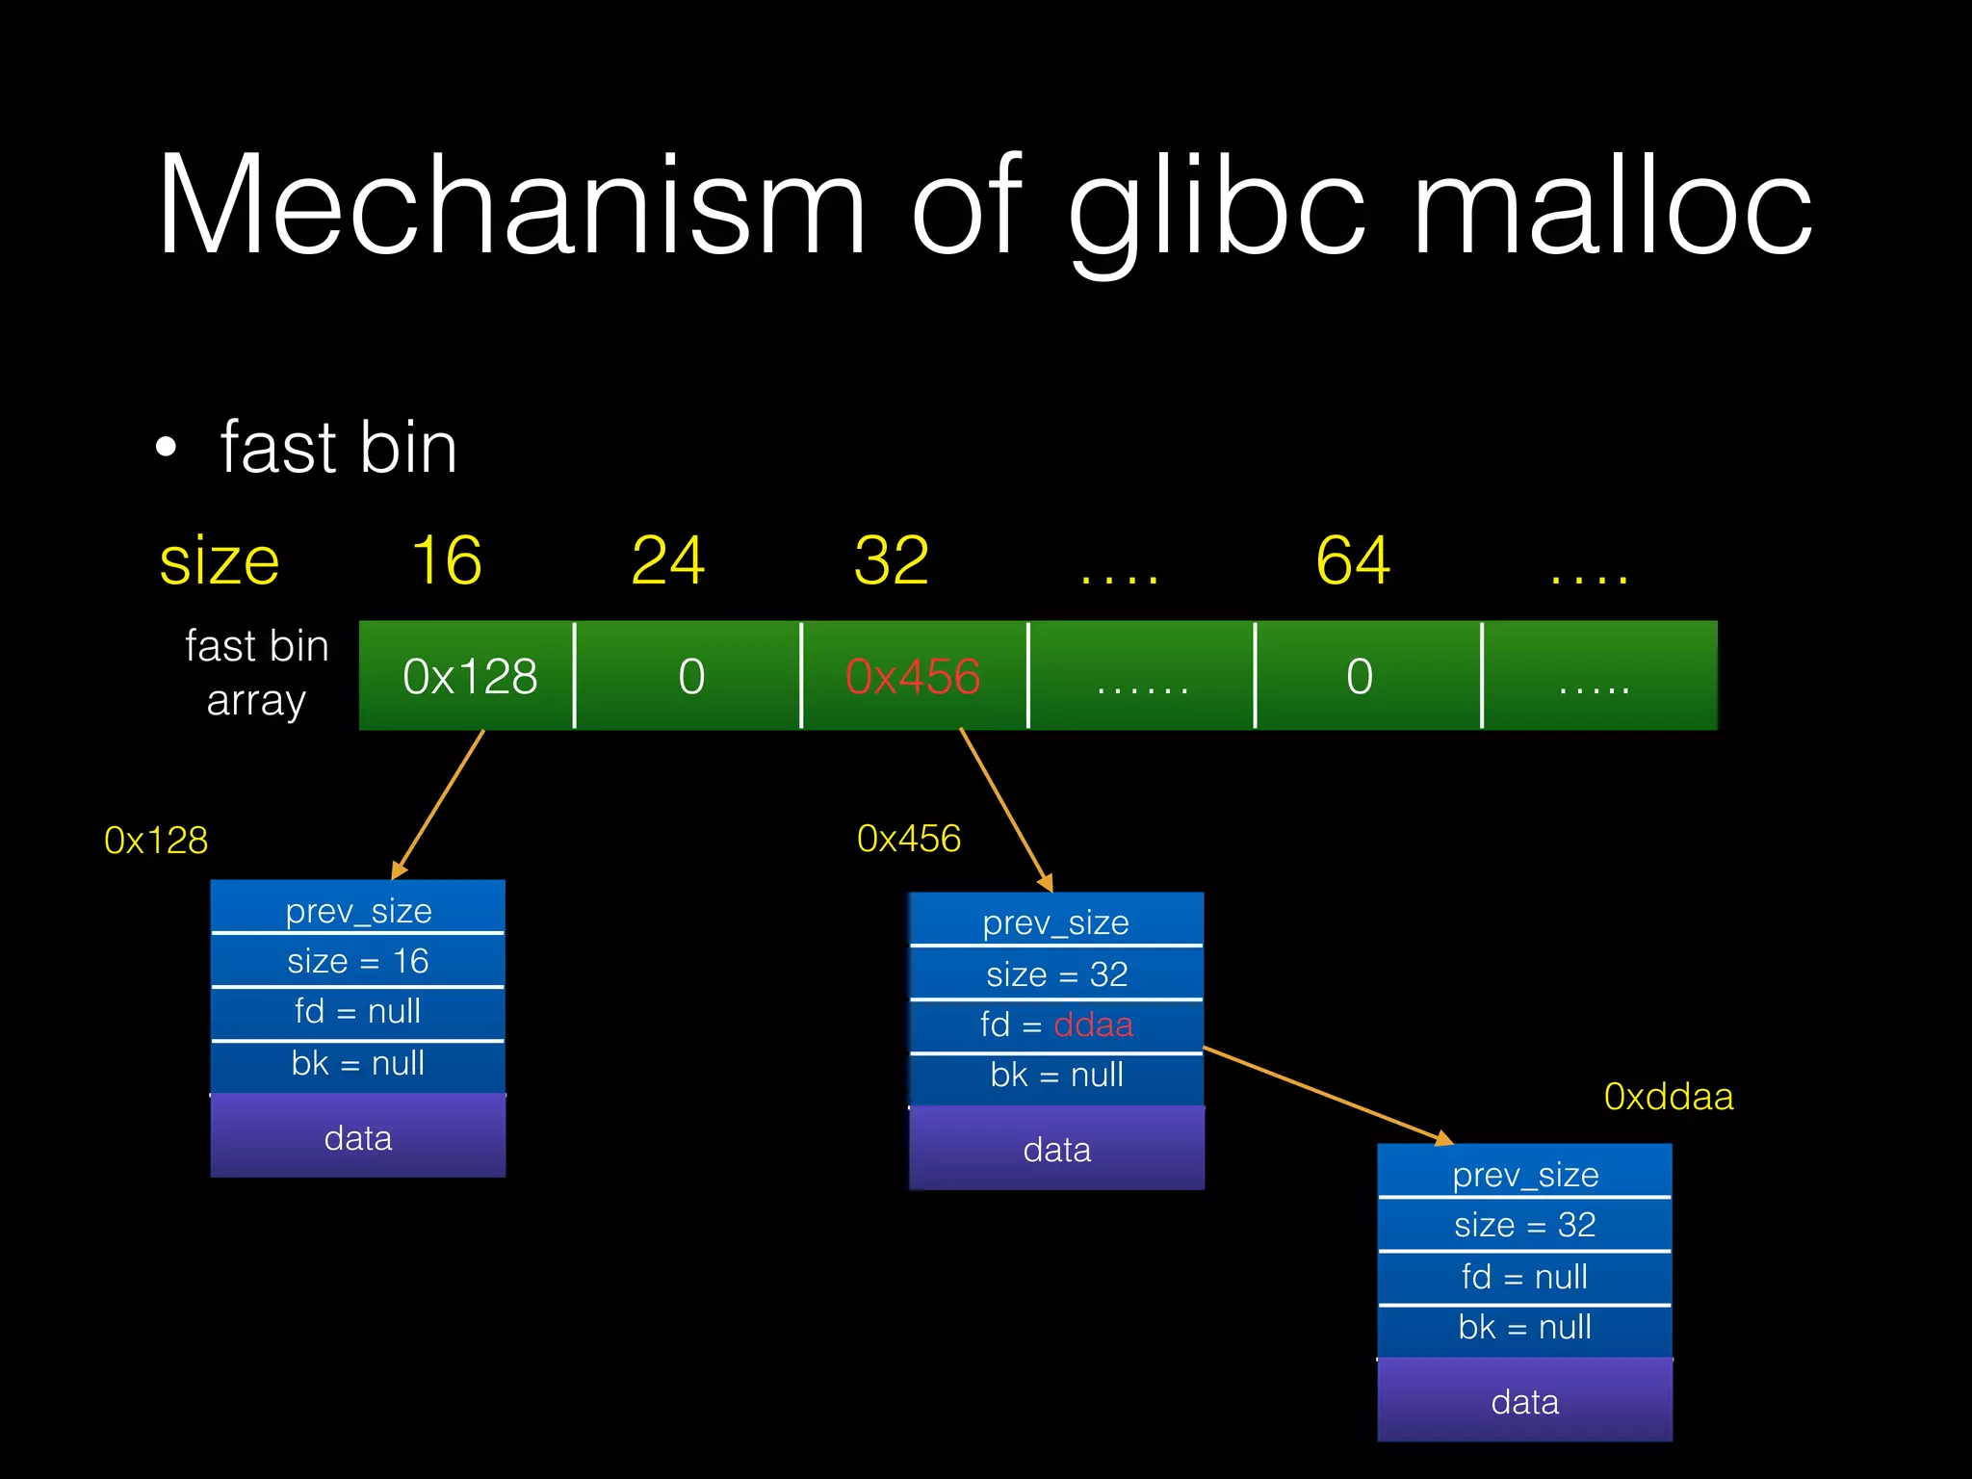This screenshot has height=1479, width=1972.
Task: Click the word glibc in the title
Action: tap(1217, 207)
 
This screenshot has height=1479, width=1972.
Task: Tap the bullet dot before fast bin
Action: tap(166, 448)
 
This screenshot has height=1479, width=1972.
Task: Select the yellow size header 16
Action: tap(446, 560)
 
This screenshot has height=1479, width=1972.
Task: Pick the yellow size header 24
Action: tap(667, 560)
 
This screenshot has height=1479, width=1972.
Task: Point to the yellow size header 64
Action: tap(1352, 560)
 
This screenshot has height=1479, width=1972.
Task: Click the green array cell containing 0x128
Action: tap(469, 676)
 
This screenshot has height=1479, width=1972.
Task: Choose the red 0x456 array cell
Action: tap(913, 676)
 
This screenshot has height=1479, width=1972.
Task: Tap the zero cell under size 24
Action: tap(690, 676)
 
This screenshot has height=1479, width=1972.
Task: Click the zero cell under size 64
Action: tap(1359, 676)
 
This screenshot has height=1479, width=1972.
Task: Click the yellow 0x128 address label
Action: tap(156, 841)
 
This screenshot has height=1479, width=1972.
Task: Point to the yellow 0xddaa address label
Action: tap(1668, 1097)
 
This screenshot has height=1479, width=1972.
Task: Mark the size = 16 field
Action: tap(358, 961)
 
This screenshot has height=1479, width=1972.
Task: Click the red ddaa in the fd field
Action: tap(1093, 1025)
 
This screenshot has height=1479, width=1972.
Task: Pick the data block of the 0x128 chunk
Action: tap(358, 1137)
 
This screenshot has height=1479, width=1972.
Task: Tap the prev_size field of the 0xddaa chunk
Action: tap(1525, 1174)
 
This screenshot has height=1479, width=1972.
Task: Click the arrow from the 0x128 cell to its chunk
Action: tap(438, 804)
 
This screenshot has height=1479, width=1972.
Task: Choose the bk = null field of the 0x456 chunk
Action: tap(1056, 1076)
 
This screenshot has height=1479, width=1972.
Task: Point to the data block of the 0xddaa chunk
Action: tap(1525, 1401)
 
